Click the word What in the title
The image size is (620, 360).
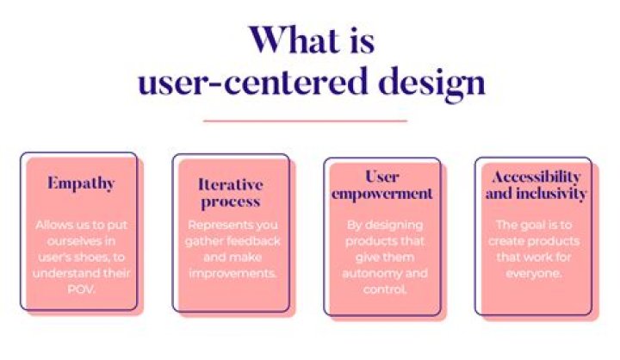pyautogui.click(x=290, y=40)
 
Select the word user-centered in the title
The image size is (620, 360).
pyautogui.click(x=249, y=83)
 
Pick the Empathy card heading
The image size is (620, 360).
pyautogui.click(x=81, y=183)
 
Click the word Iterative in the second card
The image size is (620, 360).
pyautogui.click(x=230, y=184)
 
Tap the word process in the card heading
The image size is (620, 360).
pyautogui.click(x=230, y=202)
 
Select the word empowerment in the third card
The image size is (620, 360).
pyautogui.click(x=381, y=194)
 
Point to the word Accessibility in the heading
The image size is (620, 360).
pyautogui.click(x=535, y=177)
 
